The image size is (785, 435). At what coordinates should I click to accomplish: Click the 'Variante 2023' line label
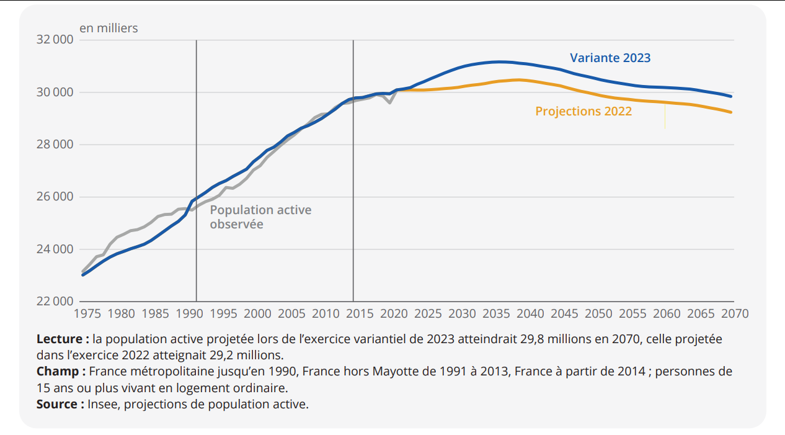tap(610, 58)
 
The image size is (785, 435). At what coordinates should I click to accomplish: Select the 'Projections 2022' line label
tap(583, 111)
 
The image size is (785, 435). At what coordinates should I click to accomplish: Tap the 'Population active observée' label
tap(260, 217)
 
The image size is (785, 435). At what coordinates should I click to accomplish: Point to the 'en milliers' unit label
tap(109, 28)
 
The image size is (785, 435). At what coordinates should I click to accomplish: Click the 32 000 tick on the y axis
tap(55, 40)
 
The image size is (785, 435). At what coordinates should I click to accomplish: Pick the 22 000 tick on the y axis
tap(55, 302)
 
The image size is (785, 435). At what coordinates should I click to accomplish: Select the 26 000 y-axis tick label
tap(55, 197)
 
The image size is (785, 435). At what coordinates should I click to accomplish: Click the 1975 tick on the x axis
tap(87, 313)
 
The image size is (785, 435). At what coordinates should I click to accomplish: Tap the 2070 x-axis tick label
tap(735, 313)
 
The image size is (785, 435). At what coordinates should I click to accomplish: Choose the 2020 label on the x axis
tap(394, 313)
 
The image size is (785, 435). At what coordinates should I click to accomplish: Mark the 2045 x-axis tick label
tap(564, 313)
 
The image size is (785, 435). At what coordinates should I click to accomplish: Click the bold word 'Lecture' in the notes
tap(59, 339)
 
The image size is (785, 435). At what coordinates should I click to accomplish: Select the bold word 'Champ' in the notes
tap(58, 372)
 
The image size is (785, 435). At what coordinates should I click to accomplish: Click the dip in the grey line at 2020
tap(389, 102)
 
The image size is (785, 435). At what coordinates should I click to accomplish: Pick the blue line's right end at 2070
tap(731, 96)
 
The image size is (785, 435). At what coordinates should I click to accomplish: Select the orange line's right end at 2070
tap(731, 112)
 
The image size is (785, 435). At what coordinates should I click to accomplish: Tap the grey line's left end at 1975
tap(83, 271)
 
